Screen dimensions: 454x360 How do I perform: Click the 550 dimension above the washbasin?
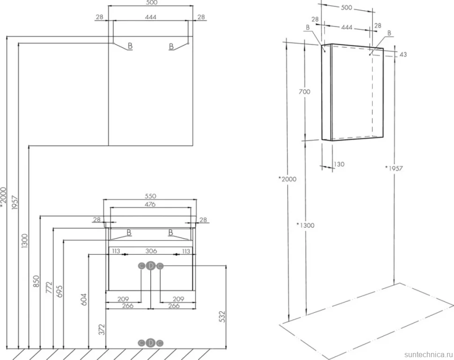(x=150, y=196)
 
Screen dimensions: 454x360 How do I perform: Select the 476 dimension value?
(x=150, y=204)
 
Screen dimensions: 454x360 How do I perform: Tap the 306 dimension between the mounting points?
(x=151, y=251)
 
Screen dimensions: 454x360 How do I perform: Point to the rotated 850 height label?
(x=36, y=281)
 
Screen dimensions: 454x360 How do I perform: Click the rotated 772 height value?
(x=49, y=288)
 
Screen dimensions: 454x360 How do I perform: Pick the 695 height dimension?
(x=59, y=291)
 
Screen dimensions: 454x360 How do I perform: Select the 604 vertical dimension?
(x=84, y=300)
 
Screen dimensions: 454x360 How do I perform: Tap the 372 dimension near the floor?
(x=102, y=330)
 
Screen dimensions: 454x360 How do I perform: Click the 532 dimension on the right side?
(x=221, y=317)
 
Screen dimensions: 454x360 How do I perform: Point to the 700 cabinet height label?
(x=304, y=92)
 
